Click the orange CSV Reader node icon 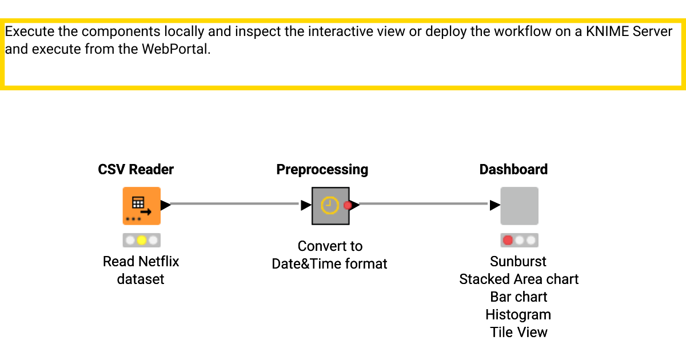(x=141, y=206)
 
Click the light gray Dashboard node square (x=519, y=206)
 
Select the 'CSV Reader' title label (x=136, y=170)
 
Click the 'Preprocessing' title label (x=322, y=170)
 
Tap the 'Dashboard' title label (x=513, y=170)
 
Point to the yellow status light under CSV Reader (x=141, y=240)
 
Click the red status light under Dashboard (x=508, y=240)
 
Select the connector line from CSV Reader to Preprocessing (x=234, y=203)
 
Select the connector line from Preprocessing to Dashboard (x=423, y=203)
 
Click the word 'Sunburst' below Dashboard (x=518, y=262)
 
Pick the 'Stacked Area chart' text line (x=519, y=279)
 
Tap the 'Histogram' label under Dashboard (x=518, y=315)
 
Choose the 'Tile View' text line (x=519, y=333)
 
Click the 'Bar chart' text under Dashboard (x=519, y=297)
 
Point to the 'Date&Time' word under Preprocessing (x=303, y=264)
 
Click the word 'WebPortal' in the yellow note (x=176, y=49)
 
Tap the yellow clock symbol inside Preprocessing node (x=330, y=206)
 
